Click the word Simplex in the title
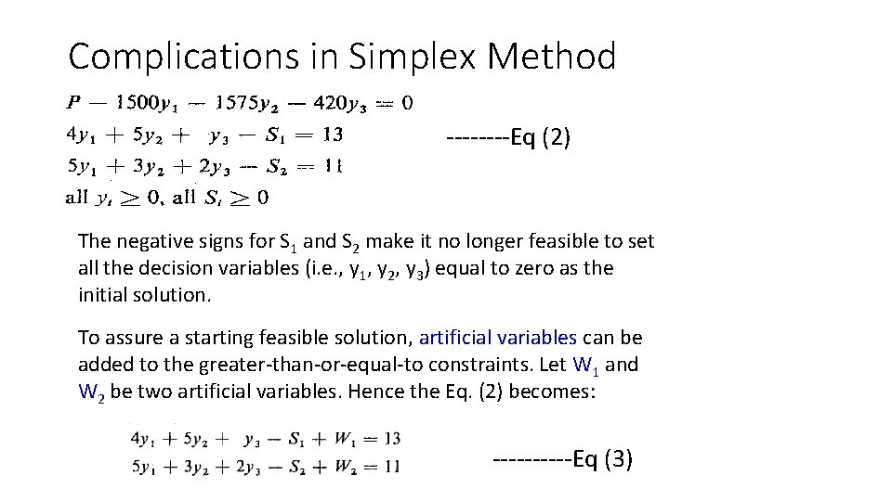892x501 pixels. click(413, 58)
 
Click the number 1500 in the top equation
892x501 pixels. click(131, 102)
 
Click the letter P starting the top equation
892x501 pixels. click(73, 102)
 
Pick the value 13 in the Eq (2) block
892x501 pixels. click(332, 135)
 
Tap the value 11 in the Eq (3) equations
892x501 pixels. click(391, 466)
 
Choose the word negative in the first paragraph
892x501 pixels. click(152, 242)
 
